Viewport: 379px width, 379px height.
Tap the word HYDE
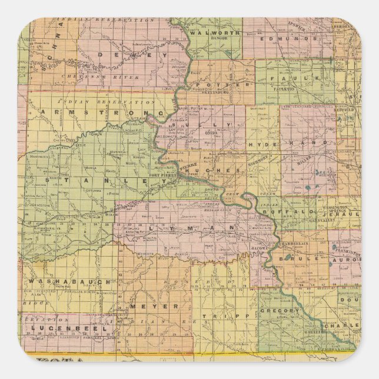(x=260, y=144)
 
